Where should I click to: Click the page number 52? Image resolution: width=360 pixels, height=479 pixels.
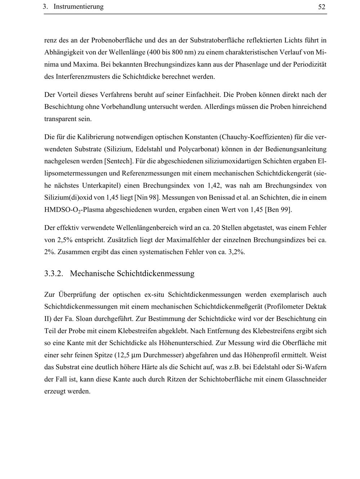(322, 7)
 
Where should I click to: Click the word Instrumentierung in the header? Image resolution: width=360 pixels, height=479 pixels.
(78, 7)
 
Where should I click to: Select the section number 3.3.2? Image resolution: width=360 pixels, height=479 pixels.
(54, 273)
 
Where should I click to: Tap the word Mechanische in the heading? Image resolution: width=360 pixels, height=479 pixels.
(92, 273)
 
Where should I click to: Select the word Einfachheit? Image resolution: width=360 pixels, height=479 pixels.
(202, 95)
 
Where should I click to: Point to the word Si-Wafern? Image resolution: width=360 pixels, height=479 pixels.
(313, 367)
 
